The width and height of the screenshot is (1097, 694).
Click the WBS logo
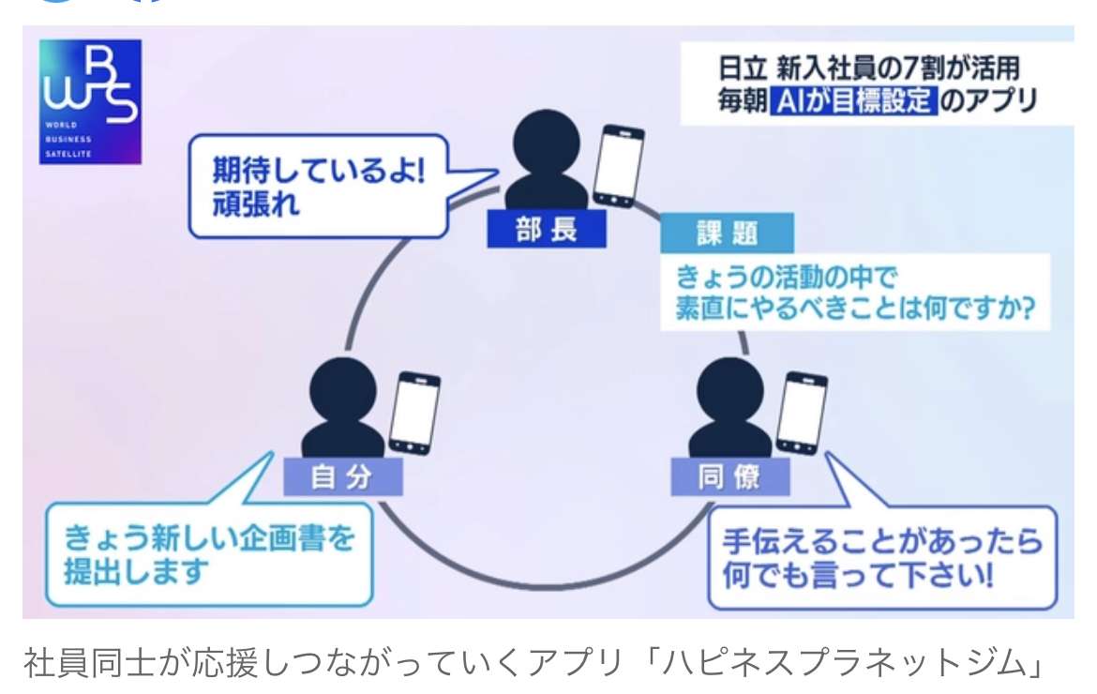[x=90, y=101]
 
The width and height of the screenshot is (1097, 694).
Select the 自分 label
[x=342, y=477]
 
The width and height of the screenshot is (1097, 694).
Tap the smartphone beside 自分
[x=414, y=414]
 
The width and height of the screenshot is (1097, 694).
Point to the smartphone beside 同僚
[x=802, y=414]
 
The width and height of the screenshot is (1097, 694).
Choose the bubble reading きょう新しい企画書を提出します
[x=209, y=555]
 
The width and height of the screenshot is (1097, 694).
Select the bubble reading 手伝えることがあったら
[x=881, y=557]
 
